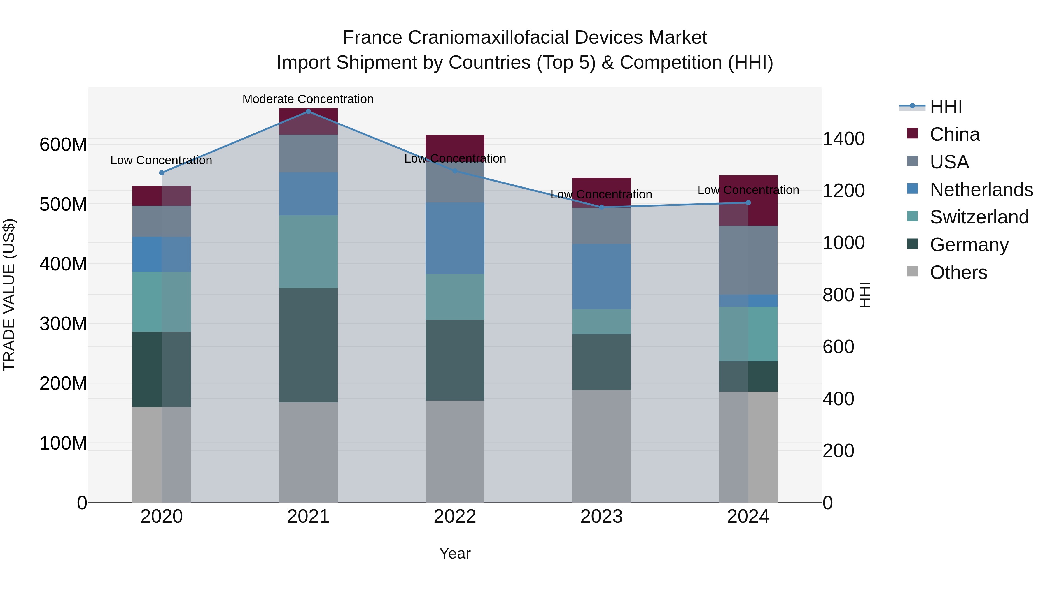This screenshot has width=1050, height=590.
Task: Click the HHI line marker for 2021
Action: (308, 111)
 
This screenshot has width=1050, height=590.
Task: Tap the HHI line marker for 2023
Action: (602, 207)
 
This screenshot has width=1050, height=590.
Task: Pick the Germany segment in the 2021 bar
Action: (308, 345)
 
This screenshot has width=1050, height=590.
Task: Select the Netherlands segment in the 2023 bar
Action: (602, 276)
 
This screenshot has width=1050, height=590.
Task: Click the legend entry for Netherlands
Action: (981, 190)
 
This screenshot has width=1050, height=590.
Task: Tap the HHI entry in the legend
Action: (946, 107)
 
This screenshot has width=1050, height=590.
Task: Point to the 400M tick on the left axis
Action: (63, 264)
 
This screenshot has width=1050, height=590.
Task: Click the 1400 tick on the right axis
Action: (843, 139)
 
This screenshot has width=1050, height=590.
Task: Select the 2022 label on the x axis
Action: (455, 517)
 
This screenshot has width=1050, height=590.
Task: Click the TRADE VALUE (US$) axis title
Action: (9, 295)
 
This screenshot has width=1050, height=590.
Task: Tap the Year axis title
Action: (455, 553)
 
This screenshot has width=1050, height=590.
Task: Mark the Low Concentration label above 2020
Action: (161, 161)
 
